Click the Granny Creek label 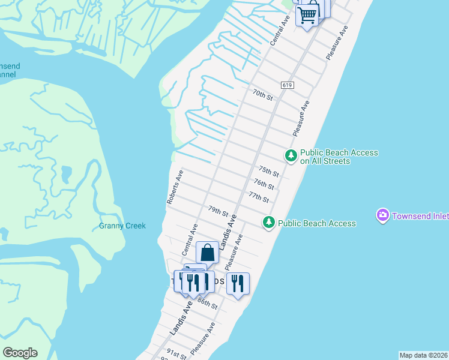pyautogui.click(x=122, y=226)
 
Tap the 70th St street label pyautogui.click(x=263, y=95)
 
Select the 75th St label pyautogui.click(x=268, y=172)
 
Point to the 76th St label pyautogui.click(x=264, y=184)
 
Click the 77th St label pyautogui.click(x=258, y=197)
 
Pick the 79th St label pyautogui.click(x=218, y=211)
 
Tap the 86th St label pyautogui.click(x=207, y=304)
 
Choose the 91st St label pyautogui.click(x=177, y=353)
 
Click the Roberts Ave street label pyautogui.click(x=175, y=187)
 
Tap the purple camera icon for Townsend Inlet pyautogui.click(x=382, y=215)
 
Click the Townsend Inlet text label pyautogui.click(x=420, y=215)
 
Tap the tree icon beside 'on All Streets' pyautogui.click(x=291, y=156)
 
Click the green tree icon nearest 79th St pyautogui.click(x=269, y=223)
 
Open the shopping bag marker pyautogui.click(x=207, y=252)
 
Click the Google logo pyautogui.click(x=20, y=353)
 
